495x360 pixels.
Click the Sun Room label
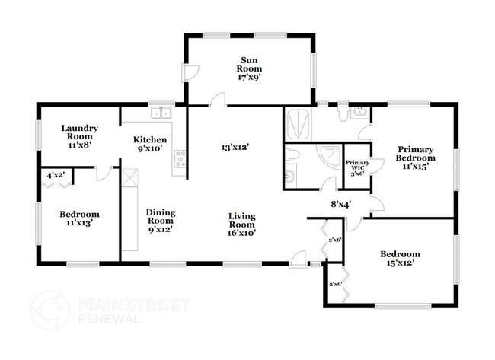249,68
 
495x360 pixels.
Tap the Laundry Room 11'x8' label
79,136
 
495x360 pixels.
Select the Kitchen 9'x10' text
149,144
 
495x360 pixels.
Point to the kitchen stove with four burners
180,159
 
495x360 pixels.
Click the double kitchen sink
161,113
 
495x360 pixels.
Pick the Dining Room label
161,221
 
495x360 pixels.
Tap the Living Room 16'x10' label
242,225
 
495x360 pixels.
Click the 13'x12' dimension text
235,147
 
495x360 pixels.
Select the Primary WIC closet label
357,168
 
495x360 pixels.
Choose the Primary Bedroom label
416,158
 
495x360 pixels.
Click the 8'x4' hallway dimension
341,205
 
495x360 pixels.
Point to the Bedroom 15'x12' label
400,258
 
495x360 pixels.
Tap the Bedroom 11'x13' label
79,218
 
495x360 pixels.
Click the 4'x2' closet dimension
56,175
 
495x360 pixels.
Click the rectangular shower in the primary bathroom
297,124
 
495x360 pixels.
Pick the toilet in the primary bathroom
343,113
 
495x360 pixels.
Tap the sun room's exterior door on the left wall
190,72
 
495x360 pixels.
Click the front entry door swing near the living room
298,260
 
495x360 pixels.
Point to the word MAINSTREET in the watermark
135,304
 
